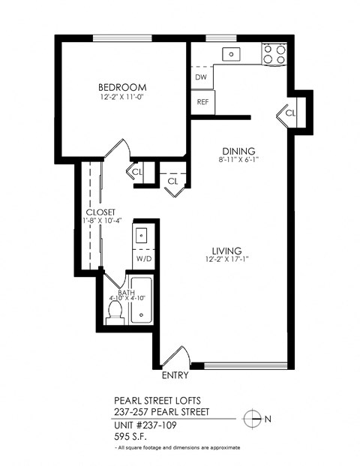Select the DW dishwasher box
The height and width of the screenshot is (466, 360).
[201, 77]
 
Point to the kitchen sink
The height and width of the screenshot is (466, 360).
[233, 53]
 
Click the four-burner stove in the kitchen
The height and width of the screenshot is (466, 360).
[274, 53]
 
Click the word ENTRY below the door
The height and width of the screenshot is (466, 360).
[175, 375]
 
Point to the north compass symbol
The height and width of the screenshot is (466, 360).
[255, 418]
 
